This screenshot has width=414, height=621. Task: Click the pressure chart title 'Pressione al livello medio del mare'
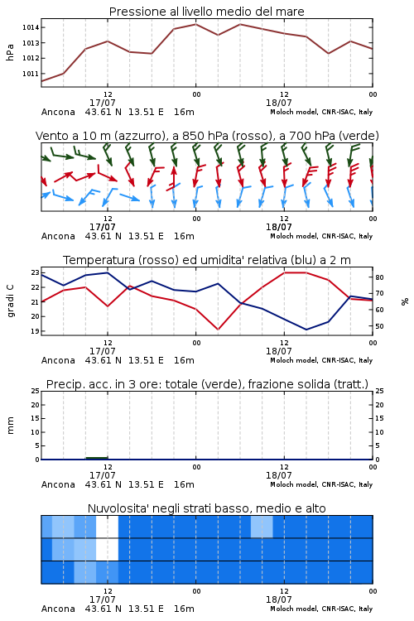click(x=207, y=12)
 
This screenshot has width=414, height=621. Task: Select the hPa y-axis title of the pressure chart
click(x=10, y=52)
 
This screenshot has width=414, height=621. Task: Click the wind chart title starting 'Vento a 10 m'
click(x=207, y=136)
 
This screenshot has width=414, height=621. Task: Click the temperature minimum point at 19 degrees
click(x=218, y=330)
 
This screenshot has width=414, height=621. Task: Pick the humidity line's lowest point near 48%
click(x=306, y=330)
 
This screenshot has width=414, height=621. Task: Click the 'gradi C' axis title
click(x=11, y=301)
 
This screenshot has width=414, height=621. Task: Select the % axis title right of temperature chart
click(x=405, y=301)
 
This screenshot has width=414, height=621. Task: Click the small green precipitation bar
click(x=97, y=458)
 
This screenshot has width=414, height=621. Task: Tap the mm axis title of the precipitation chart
click(x=10, y=425)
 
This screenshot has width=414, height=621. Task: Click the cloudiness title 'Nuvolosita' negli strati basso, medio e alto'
click(x=207, y=508)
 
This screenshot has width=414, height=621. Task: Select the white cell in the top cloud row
click(x=108, y=527)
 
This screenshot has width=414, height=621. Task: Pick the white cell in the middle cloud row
click(x=108, y=550)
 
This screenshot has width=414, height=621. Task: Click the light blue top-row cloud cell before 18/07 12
click(x=262, y=527)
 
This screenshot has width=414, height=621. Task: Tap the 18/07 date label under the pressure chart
click(x=279, y=103)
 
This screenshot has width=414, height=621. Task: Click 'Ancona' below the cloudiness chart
click(x=58, y=609)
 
